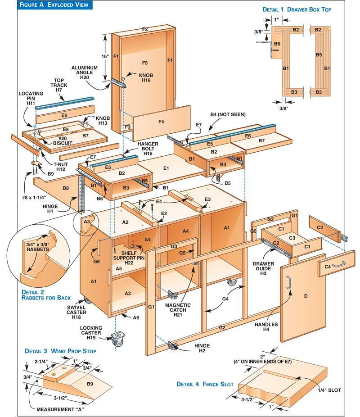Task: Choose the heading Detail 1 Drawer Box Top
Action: click(303, 9)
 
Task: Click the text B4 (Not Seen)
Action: click(228, 114)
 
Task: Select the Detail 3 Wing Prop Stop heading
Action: click(60, 350)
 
